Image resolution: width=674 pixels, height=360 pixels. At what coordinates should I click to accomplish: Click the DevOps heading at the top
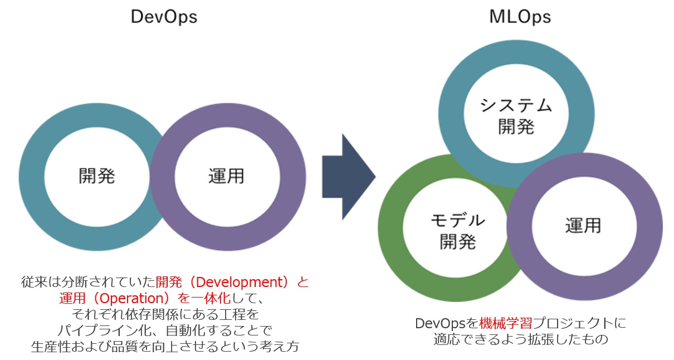(x=164, y=17)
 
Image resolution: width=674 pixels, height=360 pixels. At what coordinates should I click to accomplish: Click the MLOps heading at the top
(x=520, y=17)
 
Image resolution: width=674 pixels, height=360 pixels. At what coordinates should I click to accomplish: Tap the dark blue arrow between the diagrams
(x=349, y=177)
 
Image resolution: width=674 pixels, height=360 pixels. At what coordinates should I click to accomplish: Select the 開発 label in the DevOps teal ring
(x=96, y=176)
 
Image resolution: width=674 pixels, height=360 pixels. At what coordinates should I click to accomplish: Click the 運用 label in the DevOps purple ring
(x=226, y=176)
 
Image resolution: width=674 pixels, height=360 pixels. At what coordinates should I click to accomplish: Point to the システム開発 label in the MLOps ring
(x=516, y=116)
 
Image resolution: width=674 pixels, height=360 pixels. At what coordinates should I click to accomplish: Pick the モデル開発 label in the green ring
(x=458, y=231)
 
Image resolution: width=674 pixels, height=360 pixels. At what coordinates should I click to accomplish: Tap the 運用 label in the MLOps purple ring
(x=583, y=226)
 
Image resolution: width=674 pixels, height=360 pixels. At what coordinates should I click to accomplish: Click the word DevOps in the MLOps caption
(x=440, y=324)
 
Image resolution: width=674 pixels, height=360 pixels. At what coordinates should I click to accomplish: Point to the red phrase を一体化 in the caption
(x=204, y=298)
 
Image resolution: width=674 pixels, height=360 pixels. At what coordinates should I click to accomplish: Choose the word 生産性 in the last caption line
(x=51, y=347)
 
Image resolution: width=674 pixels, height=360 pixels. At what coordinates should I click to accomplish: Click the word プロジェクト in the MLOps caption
(x=573, y=324)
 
